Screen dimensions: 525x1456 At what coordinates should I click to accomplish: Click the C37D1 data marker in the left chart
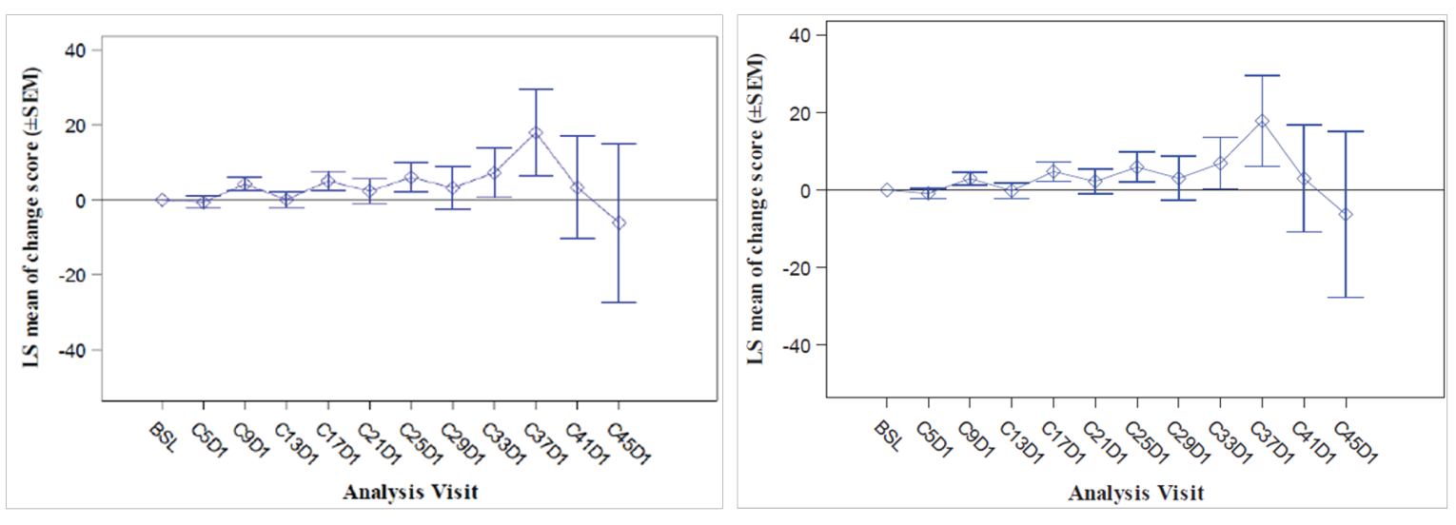pyautogui.click(x=536, y=133)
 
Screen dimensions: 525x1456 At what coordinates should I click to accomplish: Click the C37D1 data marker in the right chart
pyautogui.click(x=1262, y=122)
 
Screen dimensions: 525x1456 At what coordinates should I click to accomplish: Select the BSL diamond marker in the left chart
pyautogui.click(x=163, y=200)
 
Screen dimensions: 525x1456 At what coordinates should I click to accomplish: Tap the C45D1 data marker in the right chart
pyautogui.click(x=1345, y=215)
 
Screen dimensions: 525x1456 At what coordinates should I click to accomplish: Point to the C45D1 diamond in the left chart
pyautogui.click(x=619, y=223)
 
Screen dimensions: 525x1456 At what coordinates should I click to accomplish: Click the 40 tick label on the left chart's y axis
pyautogui.click(x=80, y=50)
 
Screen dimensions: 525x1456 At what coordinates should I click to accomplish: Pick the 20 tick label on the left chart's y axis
pyautogui.click(x=80, y=126)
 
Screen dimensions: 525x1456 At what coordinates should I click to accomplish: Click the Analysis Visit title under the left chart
pyautogui.click(x=411, y=493)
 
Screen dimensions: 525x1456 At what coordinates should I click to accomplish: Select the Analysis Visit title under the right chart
pyautogui.click(x=1135, y=494)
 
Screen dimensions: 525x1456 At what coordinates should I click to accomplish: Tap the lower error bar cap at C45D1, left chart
pyautogui.click(x=619, y=302)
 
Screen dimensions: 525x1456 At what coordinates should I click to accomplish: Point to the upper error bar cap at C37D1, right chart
pyautogui.click(x=1262, y=75)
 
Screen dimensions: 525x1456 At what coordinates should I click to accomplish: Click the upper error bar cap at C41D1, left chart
pyautogui.click(x=577, y=136)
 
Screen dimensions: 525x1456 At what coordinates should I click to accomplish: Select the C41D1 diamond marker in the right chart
pyautogui.click(x=1304, y=179)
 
